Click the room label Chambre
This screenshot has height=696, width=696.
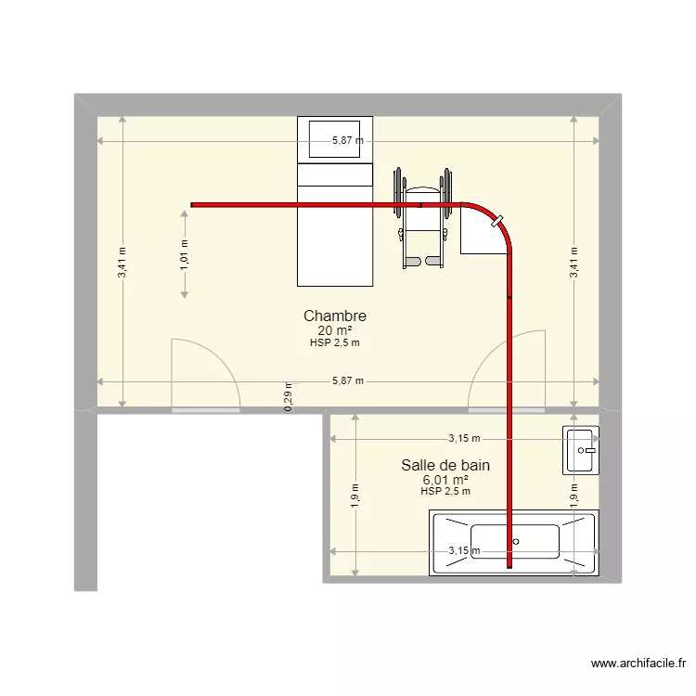[334, 316]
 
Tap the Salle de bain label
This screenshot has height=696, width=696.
[445, 465]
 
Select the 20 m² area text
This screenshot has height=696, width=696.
[334, 330]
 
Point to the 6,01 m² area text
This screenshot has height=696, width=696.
[445, 480]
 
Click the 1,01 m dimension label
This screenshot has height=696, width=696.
[185, 253]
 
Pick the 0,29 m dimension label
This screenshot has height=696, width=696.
[289, 396]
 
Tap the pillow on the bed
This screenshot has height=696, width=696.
[334, 137]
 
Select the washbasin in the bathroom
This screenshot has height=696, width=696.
[580, 450]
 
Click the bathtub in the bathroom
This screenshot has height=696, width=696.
[514, 542]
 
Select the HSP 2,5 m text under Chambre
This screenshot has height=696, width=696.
[334, 342]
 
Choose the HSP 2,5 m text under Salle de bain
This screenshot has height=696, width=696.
[445, 492]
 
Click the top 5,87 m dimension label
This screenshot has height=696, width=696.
[348, 141]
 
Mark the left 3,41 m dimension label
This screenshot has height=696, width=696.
[122, 263]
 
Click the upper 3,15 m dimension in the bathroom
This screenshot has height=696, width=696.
[464, 439]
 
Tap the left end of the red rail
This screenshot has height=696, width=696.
[193, 204]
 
